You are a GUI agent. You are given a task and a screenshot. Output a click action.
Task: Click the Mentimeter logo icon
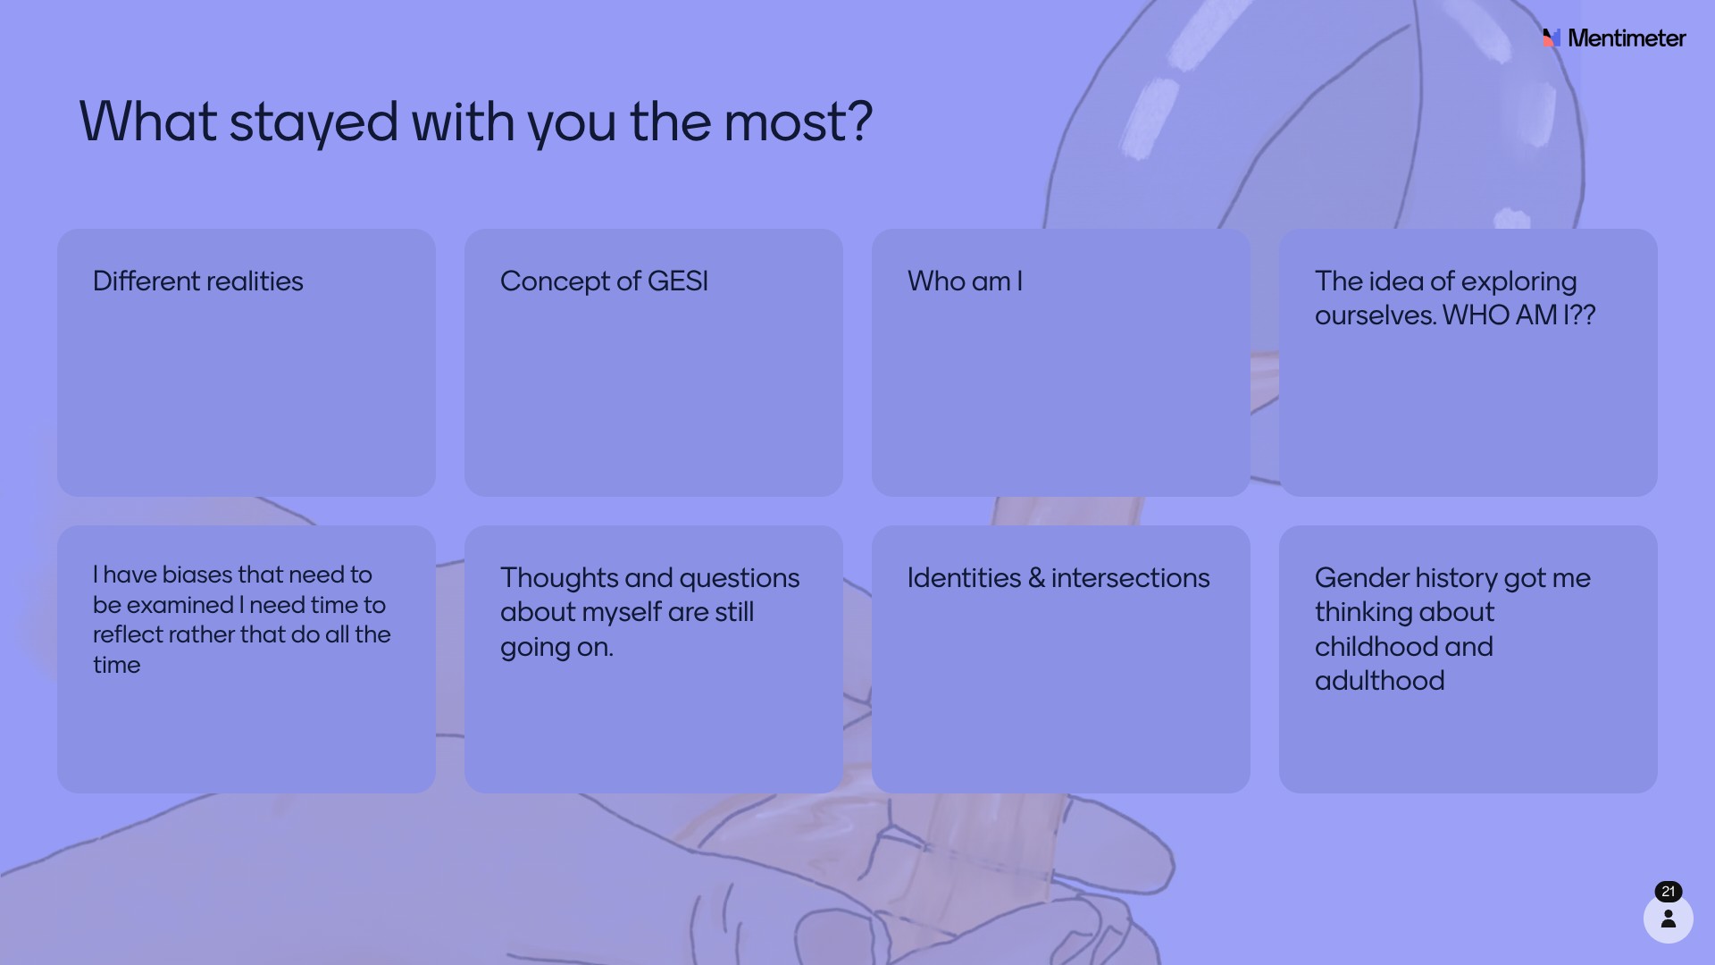pyautogui.click(x=1552, y=38)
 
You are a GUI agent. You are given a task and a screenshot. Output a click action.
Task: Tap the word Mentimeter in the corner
pyautogui.click(x=1627, y=38)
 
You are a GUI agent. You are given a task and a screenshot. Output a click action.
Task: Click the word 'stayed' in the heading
pyautogui.click(x=314, y=122)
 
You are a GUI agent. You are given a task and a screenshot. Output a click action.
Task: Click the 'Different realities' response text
pyautogui.click(x=198, y=281)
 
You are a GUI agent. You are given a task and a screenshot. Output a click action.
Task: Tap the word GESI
pyautogui.click(x=678, y=281)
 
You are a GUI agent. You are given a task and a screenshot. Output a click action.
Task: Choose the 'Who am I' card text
pyautogui.click(x=965, y=281)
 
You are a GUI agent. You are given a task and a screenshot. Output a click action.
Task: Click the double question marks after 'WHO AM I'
pyautogui.click(x=1583, y=315)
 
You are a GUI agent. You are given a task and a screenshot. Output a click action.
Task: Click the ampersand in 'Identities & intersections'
pyautogui.click(x=1036, y=578)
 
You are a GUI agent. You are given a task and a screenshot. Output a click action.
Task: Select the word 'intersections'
pyautogui.click(x=1130, y=578)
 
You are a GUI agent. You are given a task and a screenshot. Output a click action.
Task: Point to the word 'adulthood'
pyautogui.click(x=1379, y=681)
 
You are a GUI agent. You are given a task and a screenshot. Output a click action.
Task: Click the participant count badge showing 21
pyautogui.click(x=1669, y=892)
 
